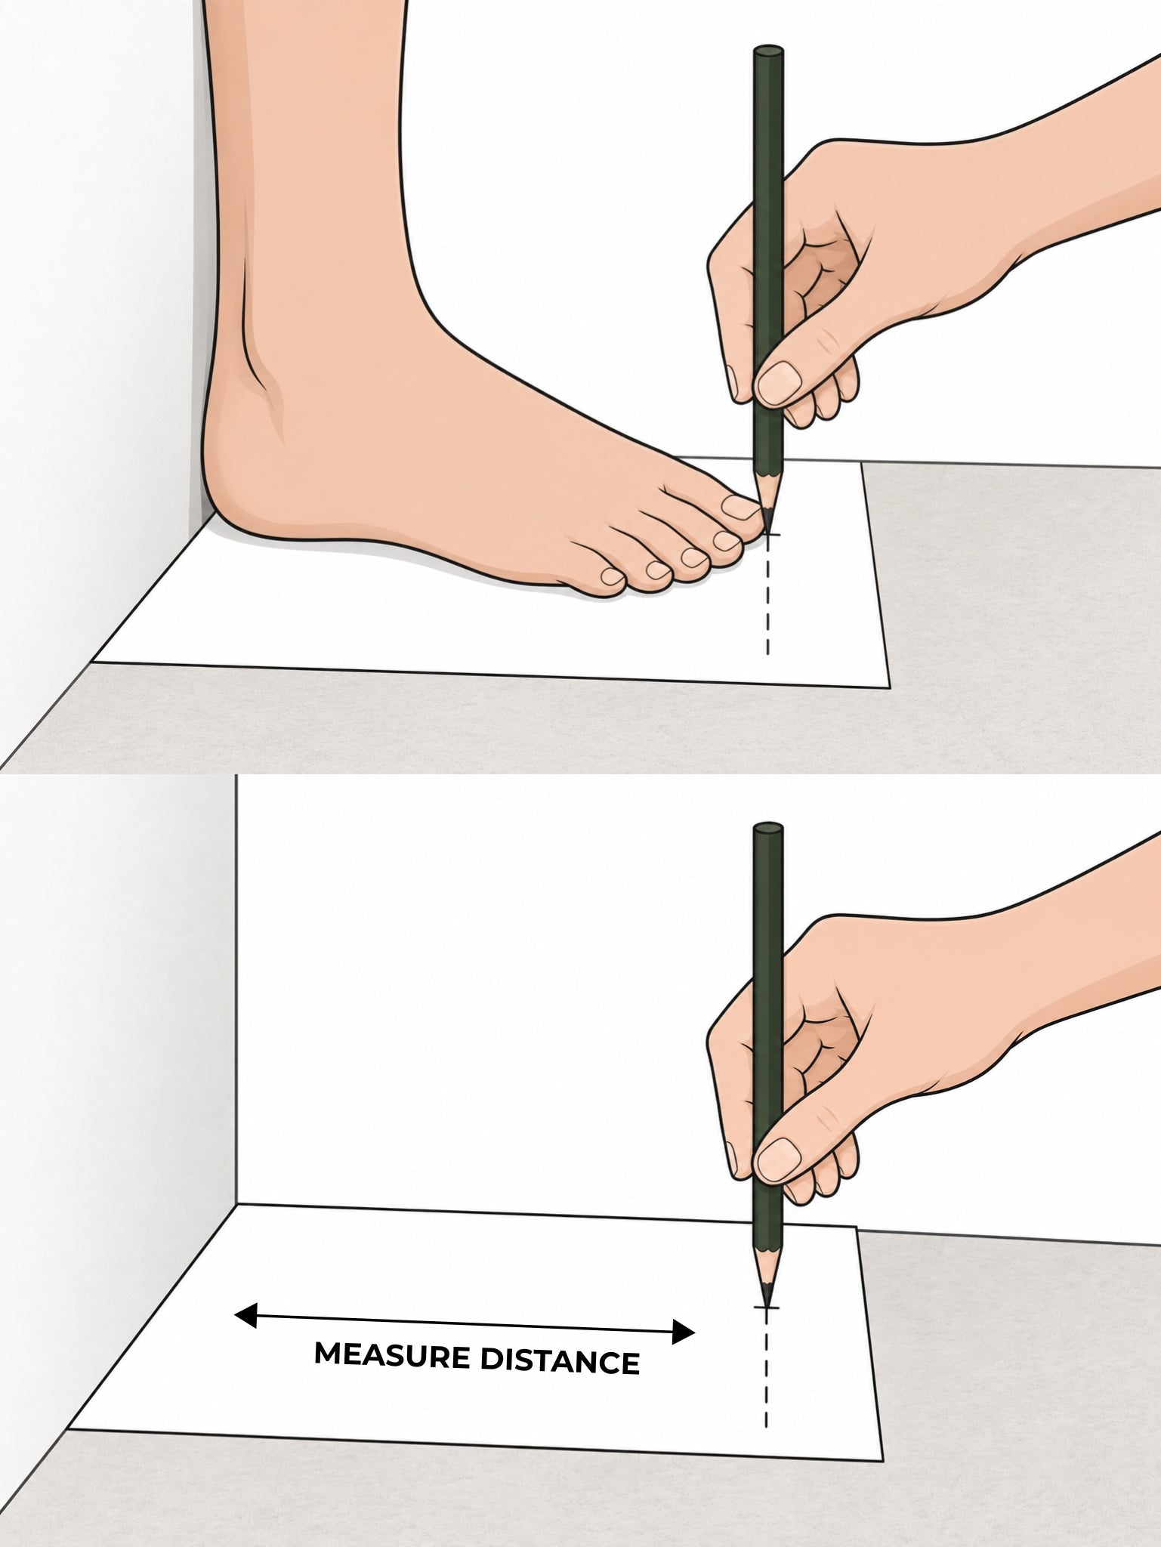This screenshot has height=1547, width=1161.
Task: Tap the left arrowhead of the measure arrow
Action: [x=246, y=1315]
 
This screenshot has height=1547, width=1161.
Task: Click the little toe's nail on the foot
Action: [x=612, y=577]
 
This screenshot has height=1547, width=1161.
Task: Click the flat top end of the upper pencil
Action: [x=768, y=51]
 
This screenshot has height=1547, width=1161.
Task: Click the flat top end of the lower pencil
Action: [x=768, y=828]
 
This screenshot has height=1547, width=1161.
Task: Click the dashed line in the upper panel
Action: [x=768, y=597]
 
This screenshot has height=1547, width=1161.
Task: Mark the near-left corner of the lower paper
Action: [x=69, y=1430]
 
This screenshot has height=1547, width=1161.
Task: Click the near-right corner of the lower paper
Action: [x=882, y=1461]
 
